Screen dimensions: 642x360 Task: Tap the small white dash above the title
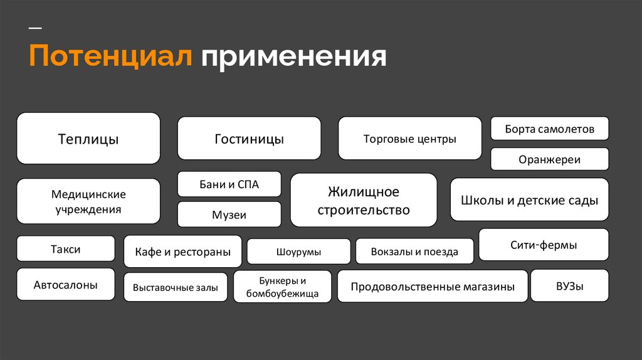click(x=36, y=29)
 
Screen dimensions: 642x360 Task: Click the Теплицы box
click(x=88, y=139)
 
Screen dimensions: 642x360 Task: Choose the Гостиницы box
click(x=249, y=139)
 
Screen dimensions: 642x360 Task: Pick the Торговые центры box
click(x=410, y=139)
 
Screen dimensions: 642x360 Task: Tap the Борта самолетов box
click(x=549, y=129)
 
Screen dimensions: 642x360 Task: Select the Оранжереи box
click(x=549, y=159)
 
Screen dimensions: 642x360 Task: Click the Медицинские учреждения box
click(x=88, y=201)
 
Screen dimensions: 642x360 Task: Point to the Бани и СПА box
click(x=229, y=184)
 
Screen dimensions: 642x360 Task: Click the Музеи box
click(x=229, y=214)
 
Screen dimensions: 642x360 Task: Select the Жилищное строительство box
click(x=364, y=200)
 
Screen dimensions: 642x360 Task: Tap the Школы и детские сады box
click(x=529, y=200)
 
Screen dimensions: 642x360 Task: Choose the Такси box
click(x=66, y=248)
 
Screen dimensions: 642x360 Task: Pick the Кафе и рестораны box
click(x=182, y=252)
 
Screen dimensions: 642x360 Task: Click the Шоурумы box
click(x=298, y=251)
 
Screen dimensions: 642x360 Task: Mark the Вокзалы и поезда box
click(x=414, y=251)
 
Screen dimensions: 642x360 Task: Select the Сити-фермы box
click(x=544, y=245)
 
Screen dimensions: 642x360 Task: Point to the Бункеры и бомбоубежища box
click(x=282, y=287)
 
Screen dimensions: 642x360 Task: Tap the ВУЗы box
click(x=569, y=286)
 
